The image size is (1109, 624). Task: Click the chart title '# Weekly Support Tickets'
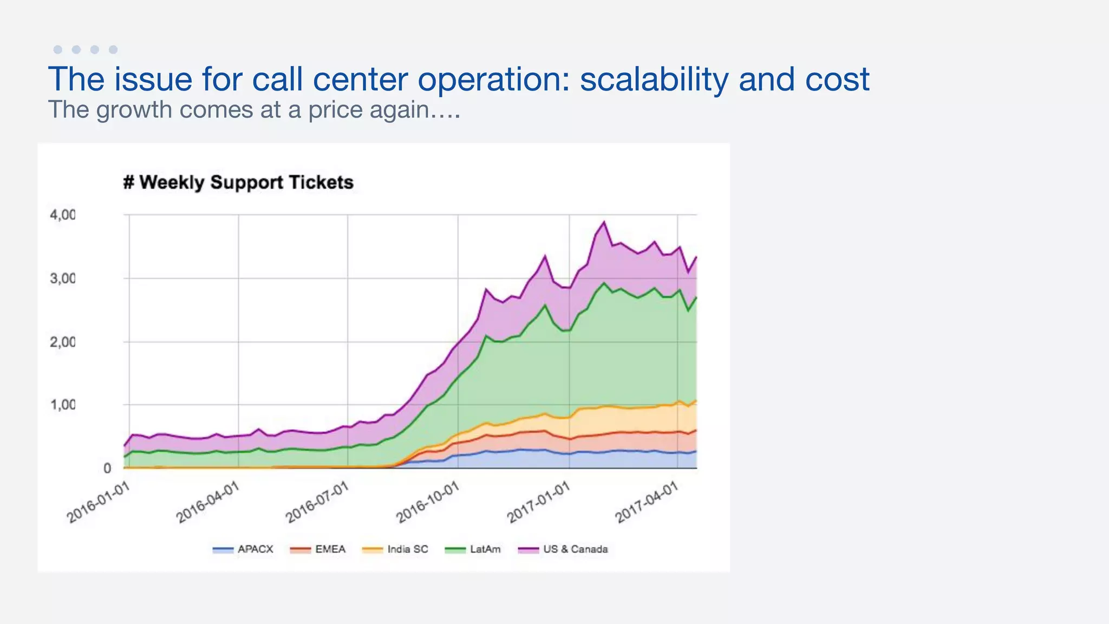(238, 183)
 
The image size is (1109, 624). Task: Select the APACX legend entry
(243, 549)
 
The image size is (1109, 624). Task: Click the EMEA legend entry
(318, 549)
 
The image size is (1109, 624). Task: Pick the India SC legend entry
(395, 549)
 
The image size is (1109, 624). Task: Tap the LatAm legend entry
(473, 549)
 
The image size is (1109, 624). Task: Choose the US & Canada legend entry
(563, 549)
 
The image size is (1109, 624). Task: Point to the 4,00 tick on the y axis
(63, 215)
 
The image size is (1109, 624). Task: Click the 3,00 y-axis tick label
(63, 278)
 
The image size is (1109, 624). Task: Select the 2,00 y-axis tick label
(63, 342)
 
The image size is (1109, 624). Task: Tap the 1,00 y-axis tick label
(63, 405)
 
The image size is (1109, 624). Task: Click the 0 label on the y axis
(107, 468)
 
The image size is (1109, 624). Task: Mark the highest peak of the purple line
(604, 222)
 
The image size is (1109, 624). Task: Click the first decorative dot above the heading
(58, 50)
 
